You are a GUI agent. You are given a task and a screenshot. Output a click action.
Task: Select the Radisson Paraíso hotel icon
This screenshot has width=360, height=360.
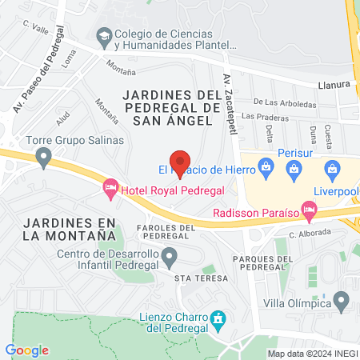pyautogui.click(x=308, y=212)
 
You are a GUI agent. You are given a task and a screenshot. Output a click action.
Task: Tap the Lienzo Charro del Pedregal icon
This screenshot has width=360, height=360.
pyautogui.click(x=216, y=320)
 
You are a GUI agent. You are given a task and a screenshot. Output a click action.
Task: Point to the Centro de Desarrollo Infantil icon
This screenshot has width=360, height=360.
pyautogui.click(x=169, y=257)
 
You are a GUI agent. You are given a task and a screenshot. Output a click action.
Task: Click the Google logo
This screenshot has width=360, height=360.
pyautogui.click(x=27, y=350)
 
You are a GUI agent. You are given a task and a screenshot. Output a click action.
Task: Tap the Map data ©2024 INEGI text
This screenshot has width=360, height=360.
pyautogui.click(x=312, y=353)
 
